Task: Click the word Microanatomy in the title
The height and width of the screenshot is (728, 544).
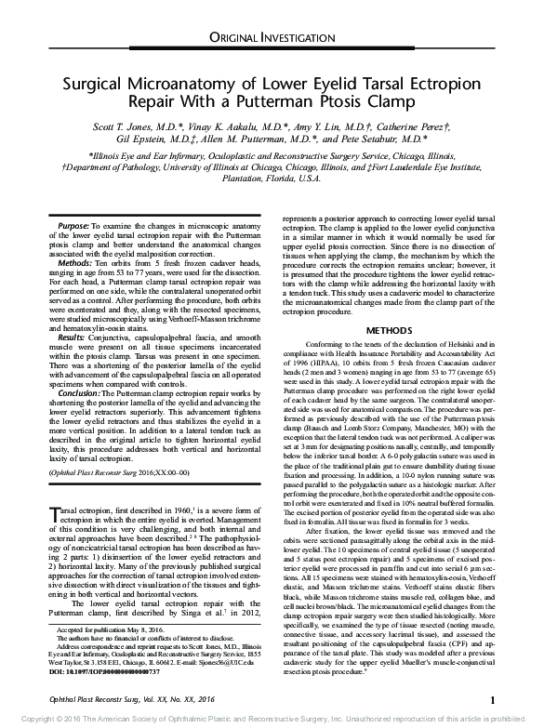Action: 197,82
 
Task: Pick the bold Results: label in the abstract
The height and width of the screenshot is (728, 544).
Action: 73,334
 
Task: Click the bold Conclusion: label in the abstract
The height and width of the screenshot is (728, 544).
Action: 79,393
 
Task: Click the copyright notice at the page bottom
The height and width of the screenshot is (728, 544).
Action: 272,719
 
